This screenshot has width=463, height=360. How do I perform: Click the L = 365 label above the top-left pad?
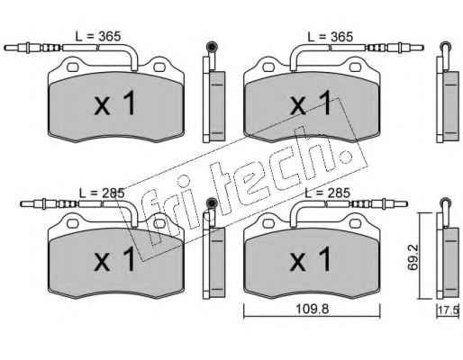coord(98,37)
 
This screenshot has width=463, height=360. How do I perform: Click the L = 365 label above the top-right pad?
coord(330,37)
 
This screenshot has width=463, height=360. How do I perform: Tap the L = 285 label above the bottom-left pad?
coord(102,193)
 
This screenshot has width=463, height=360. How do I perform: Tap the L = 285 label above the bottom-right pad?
coord(327,193)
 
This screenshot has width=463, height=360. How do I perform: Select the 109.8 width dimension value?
coord(313,309)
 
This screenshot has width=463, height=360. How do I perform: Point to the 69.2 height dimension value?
coord(413,257)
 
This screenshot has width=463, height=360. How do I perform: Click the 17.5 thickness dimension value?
coord(449,310)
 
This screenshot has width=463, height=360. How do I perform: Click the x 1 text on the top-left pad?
coord(114,103)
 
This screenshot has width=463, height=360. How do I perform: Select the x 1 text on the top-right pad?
coord(310,103)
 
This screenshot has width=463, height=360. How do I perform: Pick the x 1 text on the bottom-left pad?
coord(114,259)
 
